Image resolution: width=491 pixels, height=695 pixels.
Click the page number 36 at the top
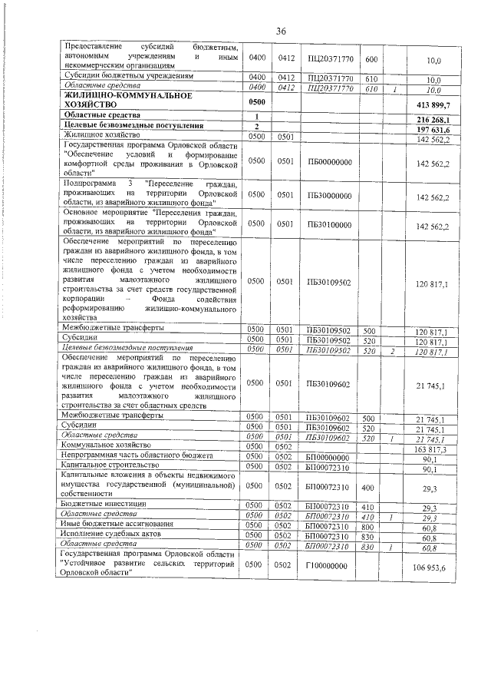(x=281, y=30)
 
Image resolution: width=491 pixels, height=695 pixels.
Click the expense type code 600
(x=371, y=59)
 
